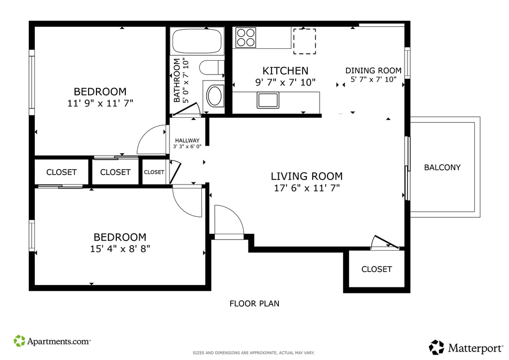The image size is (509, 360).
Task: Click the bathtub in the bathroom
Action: [197, 41]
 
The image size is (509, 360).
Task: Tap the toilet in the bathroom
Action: [212, 68]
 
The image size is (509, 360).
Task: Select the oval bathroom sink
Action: [214, 95]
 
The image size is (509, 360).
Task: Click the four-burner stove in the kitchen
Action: [246, 38]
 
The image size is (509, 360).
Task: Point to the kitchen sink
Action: [268, 100]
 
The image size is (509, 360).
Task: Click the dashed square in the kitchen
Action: [305, 41]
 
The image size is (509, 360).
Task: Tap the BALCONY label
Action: [442, 168]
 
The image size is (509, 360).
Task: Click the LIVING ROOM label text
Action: [307, 176]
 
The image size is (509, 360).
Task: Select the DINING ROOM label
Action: [373, 71]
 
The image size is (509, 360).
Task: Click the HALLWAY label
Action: [187, 141]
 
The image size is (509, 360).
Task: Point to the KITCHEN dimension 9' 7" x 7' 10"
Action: [285, 83]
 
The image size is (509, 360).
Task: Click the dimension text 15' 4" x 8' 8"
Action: [120, 249]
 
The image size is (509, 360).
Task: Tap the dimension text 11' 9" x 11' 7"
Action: [100, 103]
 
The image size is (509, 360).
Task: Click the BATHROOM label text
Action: [177, 80]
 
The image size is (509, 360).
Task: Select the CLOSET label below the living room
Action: [377, 269]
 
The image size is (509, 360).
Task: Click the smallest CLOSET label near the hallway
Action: [154, 172]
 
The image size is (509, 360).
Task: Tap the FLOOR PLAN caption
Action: [254, 303]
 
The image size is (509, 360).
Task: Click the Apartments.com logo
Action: [52, 341]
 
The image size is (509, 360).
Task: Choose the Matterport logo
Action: [466, 348]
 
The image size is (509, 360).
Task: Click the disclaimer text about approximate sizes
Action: [254, 353]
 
